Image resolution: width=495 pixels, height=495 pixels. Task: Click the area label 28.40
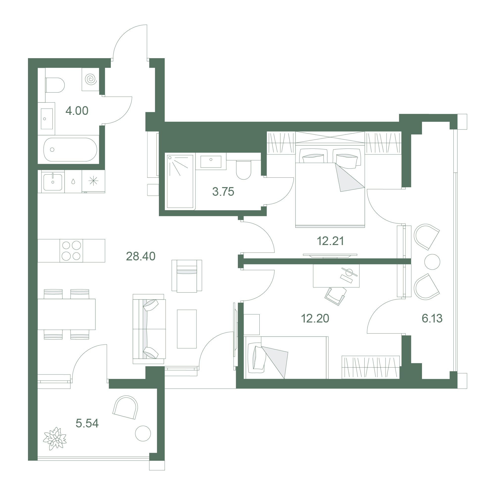click(x=141, y=256)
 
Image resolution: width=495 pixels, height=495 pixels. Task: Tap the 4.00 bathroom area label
click(x=77, y=111)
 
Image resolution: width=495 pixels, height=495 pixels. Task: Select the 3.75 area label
click(x=223, y=192)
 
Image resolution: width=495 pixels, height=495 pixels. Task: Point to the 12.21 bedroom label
click(x=330, y=241)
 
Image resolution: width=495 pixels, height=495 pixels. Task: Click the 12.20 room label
click(x=315, y=319)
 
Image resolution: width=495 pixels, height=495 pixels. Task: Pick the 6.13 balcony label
click(x=432, y=319)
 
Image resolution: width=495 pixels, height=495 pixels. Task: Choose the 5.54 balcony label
click(x=87, y=423)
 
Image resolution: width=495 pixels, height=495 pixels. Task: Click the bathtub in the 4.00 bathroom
click(x=70, y=150)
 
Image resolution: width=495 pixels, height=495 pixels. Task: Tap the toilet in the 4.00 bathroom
click(x=55, y=85)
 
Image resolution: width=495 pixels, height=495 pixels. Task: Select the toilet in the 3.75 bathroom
click(x=243, y=170)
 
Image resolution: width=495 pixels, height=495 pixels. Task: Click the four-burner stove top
click(x=71, y=250)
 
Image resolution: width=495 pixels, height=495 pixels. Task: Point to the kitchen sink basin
click(x=53, y=182)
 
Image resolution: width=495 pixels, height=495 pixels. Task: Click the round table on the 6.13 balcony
click(x=432, y=262)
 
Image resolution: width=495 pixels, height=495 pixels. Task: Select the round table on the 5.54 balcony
click(x=143, y=434)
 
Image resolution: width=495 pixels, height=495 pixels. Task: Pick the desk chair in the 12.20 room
click(x=335, y=296)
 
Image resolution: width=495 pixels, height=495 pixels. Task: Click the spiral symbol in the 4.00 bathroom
click(x=91, y=79)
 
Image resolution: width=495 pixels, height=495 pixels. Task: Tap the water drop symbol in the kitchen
click(x=73, y=182)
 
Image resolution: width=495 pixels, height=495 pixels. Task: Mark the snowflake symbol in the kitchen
click(x=93, y=181)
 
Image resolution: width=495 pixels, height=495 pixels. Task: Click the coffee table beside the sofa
click(x=187, y=329)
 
